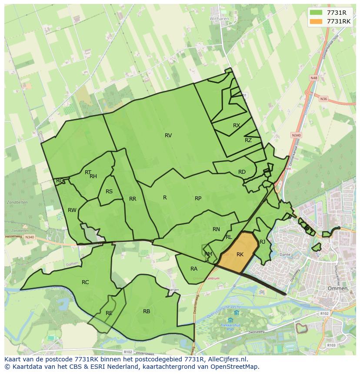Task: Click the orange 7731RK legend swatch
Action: click(x=316, y=21)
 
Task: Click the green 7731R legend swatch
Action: click(x=316, y=13)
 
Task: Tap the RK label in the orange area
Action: click(x=240, y=255)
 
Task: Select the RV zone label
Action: click(x=168, y=136)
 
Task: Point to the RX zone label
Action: click(x=237, y=126)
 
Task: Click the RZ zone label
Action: click(x=248, y=140)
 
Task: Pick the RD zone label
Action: click(x=242, y=172)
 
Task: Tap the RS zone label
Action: click(x=109, y=192)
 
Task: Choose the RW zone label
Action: click(x=72, y=210)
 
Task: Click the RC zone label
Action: click(x=85, y=282)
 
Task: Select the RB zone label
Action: click(x=147, y=311)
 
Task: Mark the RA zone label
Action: click(x=194, y=269)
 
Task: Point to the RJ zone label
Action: click(x=262, y=242)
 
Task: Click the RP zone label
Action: click(x=198, y=199)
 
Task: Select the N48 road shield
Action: click(x=314, y=78)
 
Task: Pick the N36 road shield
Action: click(x=323, y=99)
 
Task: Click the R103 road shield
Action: click(x=332, y=345)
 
